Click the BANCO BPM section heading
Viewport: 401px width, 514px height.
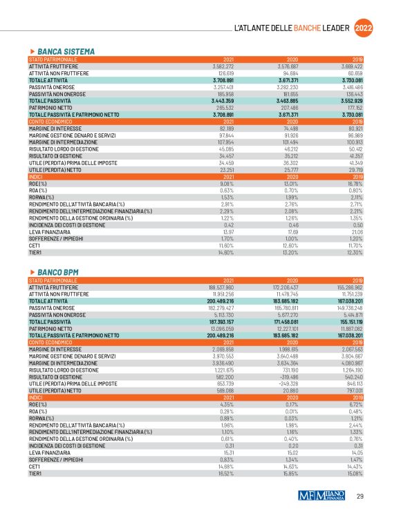pos(60,272)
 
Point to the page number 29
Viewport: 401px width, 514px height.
pos(360,496)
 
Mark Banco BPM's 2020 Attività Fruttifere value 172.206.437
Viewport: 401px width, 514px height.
pos(292,286)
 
